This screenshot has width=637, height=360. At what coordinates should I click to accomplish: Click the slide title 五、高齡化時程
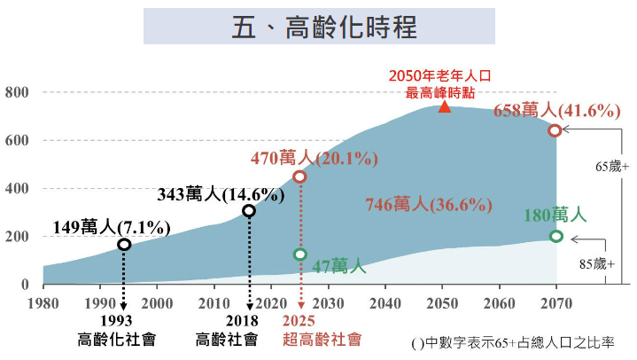pos(319,27)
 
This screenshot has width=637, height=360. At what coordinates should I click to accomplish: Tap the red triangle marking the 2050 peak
pos(445,107)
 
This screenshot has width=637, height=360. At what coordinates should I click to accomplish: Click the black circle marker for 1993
pos(124,244)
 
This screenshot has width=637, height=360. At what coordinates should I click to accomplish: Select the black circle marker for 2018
pos(249,211)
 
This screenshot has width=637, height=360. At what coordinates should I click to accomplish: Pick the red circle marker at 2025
pos(299,176)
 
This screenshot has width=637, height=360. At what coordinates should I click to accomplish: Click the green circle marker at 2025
pos(299,254)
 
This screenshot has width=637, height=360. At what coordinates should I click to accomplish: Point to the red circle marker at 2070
pos(555,130)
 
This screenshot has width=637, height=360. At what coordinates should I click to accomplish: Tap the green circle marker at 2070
pos(555,236)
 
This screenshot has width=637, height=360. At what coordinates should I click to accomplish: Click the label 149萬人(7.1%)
pos(124,228)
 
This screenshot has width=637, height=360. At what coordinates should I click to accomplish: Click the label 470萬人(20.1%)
pos(315,159)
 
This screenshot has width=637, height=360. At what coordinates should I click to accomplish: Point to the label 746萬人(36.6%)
pos(428,205)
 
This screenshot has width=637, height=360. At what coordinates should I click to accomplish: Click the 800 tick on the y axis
pos(17,92)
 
